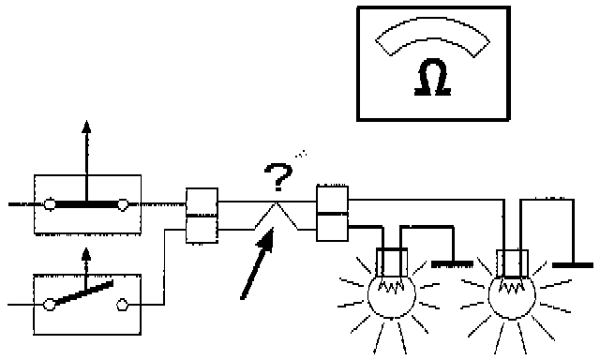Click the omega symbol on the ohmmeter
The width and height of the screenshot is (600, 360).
433,77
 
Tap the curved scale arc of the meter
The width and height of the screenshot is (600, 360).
432,28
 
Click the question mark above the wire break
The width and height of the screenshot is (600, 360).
278,177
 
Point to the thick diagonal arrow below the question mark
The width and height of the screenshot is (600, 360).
257,263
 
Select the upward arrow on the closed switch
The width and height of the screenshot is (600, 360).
86,160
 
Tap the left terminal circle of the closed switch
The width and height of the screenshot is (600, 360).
50,204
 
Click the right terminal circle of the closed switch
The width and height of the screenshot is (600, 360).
123,204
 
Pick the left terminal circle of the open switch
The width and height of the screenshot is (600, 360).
49,305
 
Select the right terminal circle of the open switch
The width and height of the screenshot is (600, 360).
122,305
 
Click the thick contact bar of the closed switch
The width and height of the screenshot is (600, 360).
86,204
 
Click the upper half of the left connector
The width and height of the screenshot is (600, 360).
202,202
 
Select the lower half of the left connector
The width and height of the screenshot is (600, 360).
202,229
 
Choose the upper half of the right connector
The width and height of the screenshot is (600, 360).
332,200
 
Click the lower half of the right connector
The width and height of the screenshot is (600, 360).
332,228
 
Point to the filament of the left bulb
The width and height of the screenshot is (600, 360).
391,287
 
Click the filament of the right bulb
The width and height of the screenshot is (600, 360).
512,288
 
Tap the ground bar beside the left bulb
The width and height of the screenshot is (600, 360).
452,264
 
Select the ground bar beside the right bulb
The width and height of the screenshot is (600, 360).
573,264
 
